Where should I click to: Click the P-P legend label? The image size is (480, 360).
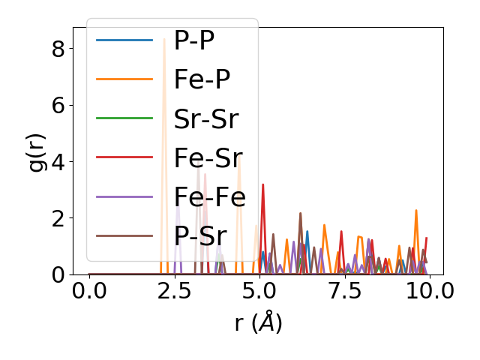(194, 40)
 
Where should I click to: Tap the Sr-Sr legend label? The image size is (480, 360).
(205, 118)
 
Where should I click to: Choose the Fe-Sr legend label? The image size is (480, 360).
(208, 157)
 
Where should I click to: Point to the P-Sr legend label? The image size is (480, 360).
(200, 235)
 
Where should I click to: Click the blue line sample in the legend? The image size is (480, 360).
(124, 40)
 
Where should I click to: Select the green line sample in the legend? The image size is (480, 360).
(124, 118)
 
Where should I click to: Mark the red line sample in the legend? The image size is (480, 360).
(124, 157)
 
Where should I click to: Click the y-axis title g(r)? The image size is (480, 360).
(37, 151)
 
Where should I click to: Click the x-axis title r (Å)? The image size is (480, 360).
(258, 323)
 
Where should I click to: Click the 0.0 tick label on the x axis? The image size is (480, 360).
(89, 291)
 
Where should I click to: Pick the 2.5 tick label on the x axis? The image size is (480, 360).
(174, 291)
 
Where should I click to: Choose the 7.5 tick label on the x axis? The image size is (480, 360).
(344, 291)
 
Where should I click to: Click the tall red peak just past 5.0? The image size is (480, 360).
(262, 185)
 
